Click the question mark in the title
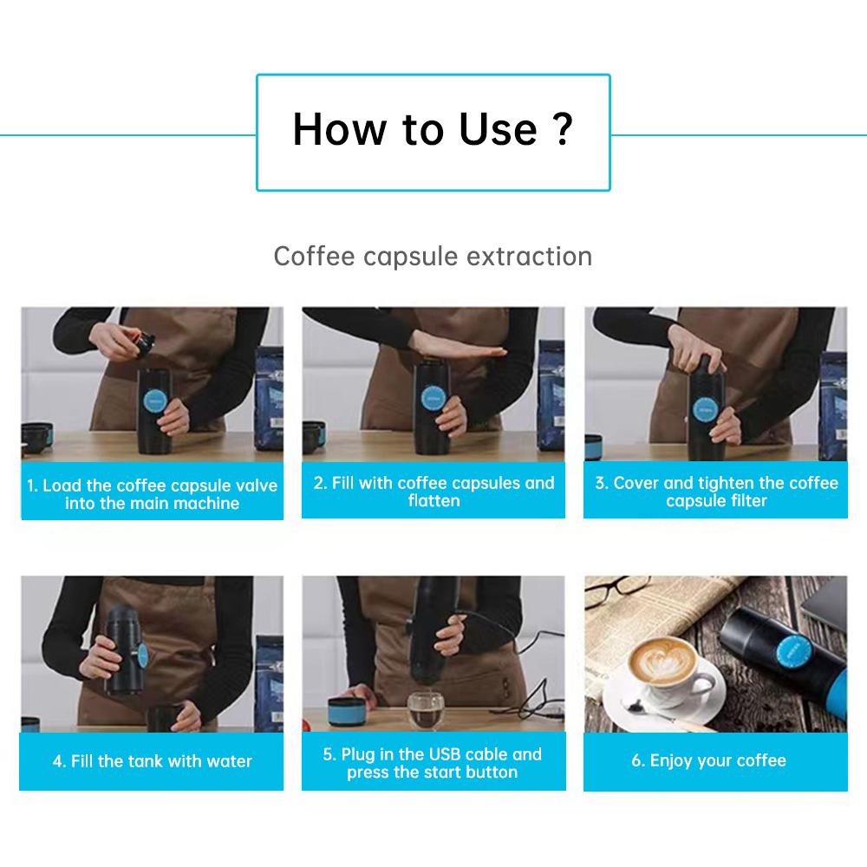563,129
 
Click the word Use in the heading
499,129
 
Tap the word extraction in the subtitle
529,257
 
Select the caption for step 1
152,494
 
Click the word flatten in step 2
434,501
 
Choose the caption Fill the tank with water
152,761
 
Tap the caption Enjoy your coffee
709,761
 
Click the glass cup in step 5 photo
426,711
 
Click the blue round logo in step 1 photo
155,401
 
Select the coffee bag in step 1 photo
269,398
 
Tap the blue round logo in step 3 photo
705,410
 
